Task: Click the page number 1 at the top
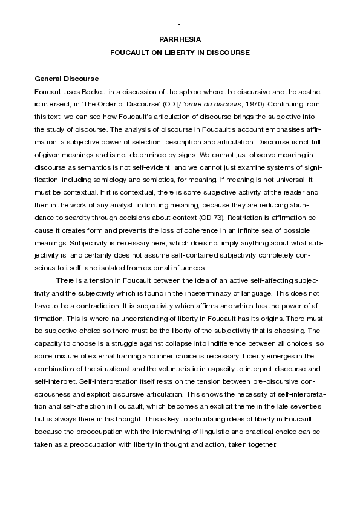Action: tap(180, 25)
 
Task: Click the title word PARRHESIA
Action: tap(180, 39)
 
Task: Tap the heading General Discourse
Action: tap(67, 79)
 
